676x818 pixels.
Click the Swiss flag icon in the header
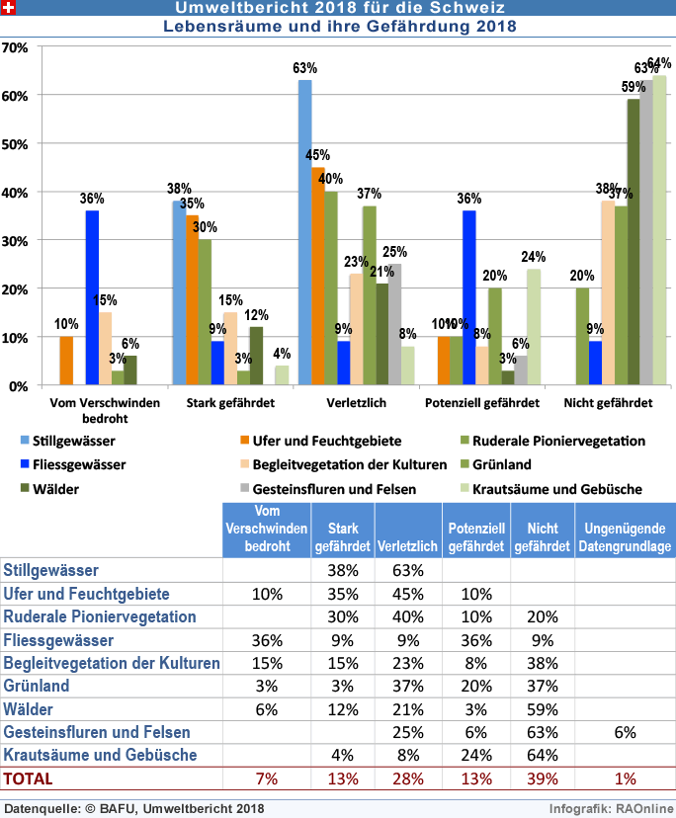pyautogui.click(x=8, y=8)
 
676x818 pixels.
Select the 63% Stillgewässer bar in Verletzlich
pyautogui.click(x=304, y=232)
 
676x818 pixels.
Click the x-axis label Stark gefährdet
pyautogui.click(x=230, y=403)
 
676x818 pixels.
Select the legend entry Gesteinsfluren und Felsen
pyautogui.click(x=326, y=488)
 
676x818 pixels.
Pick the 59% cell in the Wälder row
pyautogui.click(x=542, y=708)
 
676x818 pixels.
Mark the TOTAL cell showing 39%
pyautogui.click(x=542, y=778)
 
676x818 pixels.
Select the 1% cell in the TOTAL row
pyautogui.click(x=625, y=778)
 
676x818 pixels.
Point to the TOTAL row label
pyautogui.click(x=29, y=778)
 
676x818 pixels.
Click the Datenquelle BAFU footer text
pyautogui.click(x=134, y=808)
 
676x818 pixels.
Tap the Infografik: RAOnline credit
pyautogui.click(x=610, y=808)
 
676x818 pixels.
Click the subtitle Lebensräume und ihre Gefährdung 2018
pyautogui.click(x=339, y=27)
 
